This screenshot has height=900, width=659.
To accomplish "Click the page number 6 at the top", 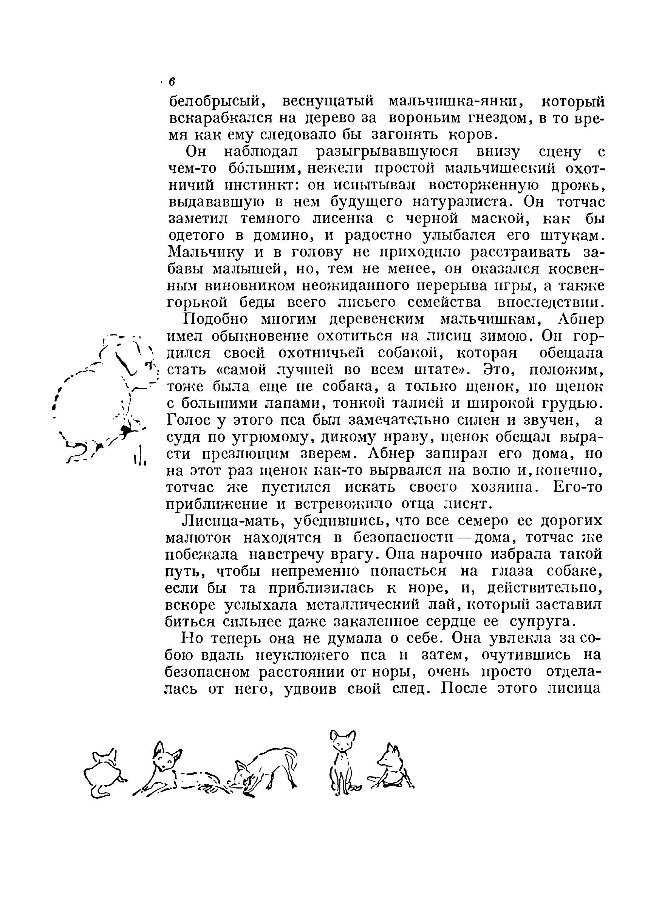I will coord(172,82).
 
